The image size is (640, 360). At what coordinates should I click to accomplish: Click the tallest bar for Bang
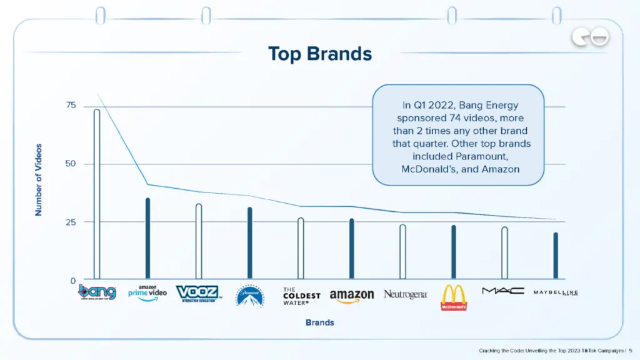[x=97, y=194]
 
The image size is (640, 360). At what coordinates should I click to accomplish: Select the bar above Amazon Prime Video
[x=147, y=238]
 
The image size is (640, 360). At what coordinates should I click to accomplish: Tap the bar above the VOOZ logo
[x=199, y=241]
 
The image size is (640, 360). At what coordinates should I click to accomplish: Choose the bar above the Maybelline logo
[x=556, y=256]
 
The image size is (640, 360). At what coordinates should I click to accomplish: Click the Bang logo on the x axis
[x=97, y=292]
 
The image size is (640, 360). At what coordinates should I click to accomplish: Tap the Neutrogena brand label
[x=405, y=294]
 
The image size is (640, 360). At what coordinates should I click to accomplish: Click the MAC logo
[x=503, y=291]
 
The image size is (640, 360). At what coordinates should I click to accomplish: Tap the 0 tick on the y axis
[x=73, y=281]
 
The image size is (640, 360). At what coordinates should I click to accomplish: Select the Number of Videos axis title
[x=39, y=180]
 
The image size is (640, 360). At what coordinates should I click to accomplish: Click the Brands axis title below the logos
[x=319, y=322]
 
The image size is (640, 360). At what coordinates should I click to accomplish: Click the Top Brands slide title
[x=319, y=54]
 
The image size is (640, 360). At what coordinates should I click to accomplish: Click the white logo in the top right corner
[x=590, y=38]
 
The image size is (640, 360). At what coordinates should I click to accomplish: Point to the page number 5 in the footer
[x=630, y=351]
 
